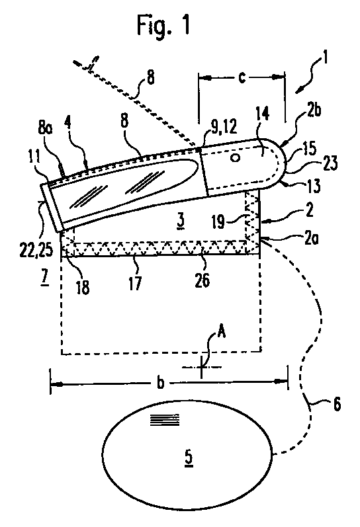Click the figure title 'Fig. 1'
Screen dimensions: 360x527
tap(163, 25)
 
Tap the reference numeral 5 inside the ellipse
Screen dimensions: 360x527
tap(189, 458)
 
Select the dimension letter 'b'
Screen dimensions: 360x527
tap(161, 382)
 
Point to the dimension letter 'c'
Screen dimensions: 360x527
tap(242, 77)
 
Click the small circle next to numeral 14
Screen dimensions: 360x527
tap(236, 157)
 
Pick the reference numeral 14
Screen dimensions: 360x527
tap(263, 114)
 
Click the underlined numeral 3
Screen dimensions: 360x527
tap(181, 221)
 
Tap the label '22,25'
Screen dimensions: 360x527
tap(36, 250)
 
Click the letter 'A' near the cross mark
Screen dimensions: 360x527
tap(221, 333)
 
